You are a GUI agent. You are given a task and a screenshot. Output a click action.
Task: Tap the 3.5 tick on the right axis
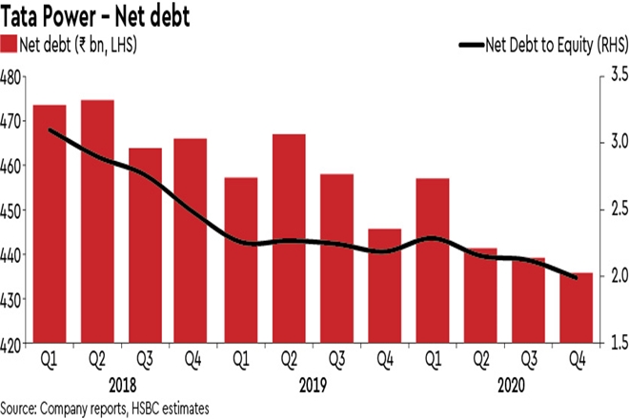[x=614, y=73]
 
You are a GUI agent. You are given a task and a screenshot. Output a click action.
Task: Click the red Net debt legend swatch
[x=10, y=44]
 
